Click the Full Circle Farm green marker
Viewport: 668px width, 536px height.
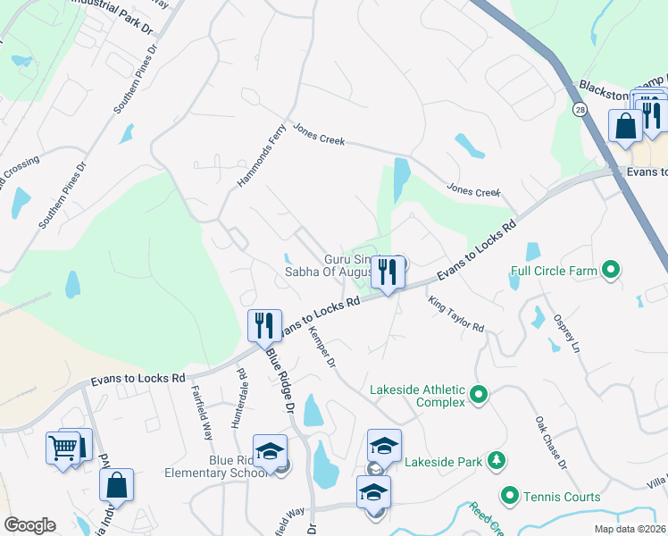point(611,268)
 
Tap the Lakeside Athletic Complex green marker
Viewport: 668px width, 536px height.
point(478,393)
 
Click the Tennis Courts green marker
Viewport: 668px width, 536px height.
point(510,495)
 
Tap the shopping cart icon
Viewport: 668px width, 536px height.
point(63,447)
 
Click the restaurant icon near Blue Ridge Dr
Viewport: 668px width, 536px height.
point(263,325)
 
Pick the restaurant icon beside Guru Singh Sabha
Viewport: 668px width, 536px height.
point(388,272)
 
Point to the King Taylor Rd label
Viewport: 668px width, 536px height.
point(455,314)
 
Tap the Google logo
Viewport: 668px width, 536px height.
point(29,525)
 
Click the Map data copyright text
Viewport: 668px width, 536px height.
point(630,529)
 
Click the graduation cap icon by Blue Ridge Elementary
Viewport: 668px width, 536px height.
point(270,452)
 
